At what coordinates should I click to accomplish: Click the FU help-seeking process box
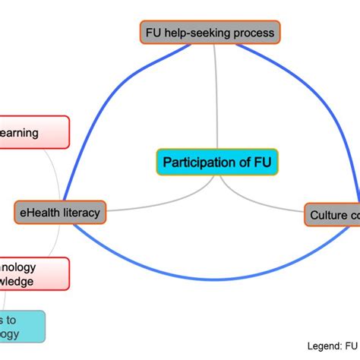tap(210, 33)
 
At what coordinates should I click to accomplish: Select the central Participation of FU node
tap(217, 162)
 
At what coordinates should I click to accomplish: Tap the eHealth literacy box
tap(60, 213)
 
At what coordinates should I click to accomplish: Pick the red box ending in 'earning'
tap(33, 133)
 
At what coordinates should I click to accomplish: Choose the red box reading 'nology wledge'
tap(33, 274)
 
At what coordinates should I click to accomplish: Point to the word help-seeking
tap(196, 33)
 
